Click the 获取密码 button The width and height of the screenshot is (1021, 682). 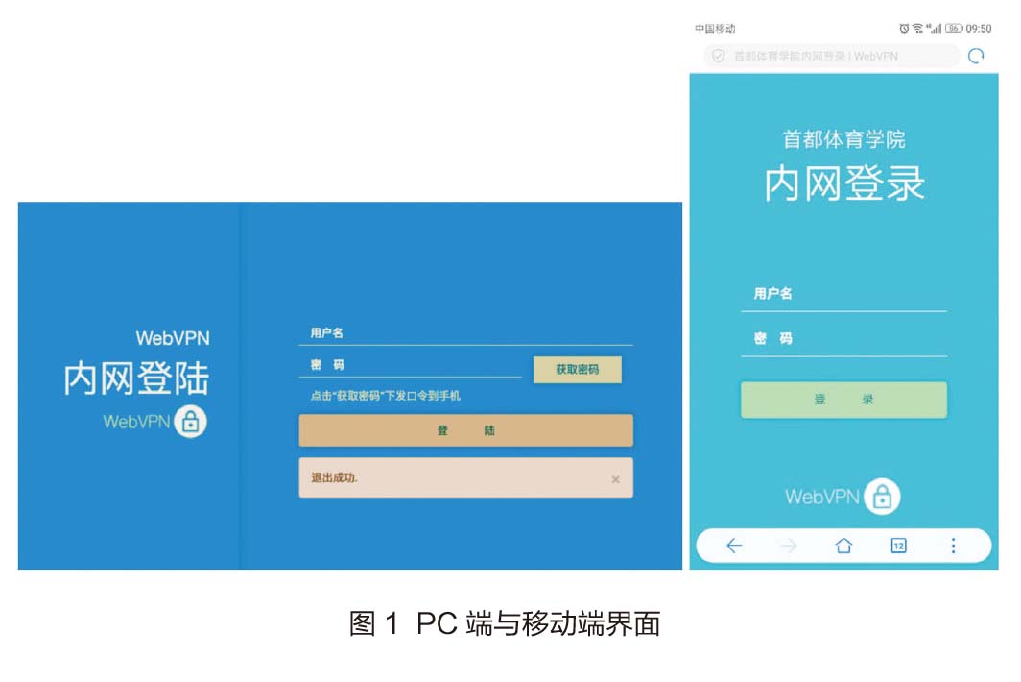coord(577,370)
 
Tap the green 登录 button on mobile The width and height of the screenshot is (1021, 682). coord(843,400)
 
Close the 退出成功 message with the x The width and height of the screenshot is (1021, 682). coord(615,479)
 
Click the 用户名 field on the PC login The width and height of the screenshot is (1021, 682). coord(465,333)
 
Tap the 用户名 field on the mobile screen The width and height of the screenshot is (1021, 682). coord(843,294)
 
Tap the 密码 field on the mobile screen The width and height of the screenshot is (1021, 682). coord(843,339)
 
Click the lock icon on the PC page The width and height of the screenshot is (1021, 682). coord(190,421)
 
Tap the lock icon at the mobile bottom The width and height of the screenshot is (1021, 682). coord(882,497)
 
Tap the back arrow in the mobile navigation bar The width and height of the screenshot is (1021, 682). coord(734,546)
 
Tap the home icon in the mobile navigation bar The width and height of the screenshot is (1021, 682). coord(843,546)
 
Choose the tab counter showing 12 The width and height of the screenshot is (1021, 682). coord(898,546)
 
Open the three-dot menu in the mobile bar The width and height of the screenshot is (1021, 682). coord(953,546)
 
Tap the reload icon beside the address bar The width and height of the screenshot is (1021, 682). coord(976,56)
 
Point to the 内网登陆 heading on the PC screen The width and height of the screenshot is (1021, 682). coord(136,378)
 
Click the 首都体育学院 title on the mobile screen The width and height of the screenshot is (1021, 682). coord(843,139)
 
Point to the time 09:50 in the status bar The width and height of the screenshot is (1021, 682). coord(979,29)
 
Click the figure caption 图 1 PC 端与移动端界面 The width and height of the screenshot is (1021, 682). coord(505,624)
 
